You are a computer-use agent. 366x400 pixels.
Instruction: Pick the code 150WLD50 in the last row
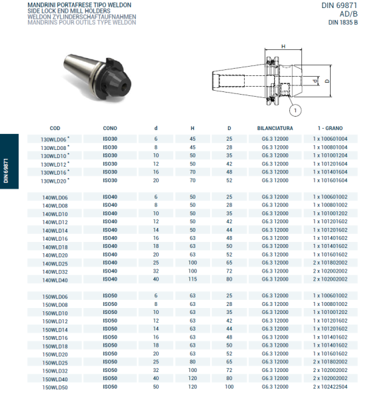(x=55, y=387)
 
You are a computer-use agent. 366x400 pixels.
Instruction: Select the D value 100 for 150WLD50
(x=229, y=387)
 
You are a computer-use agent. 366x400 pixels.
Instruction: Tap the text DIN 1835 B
(x=343, y=22)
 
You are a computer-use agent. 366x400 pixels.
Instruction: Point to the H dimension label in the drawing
(x=283, y=47)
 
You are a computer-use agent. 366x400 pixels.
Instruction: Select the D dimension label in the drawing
(x=327, y=81)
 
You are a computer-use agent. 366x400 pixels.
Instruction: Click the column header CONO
(x=110, y=127)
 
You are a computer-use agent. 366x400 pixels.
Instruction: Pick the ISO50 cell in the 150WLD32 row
(x=110, y=370)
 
